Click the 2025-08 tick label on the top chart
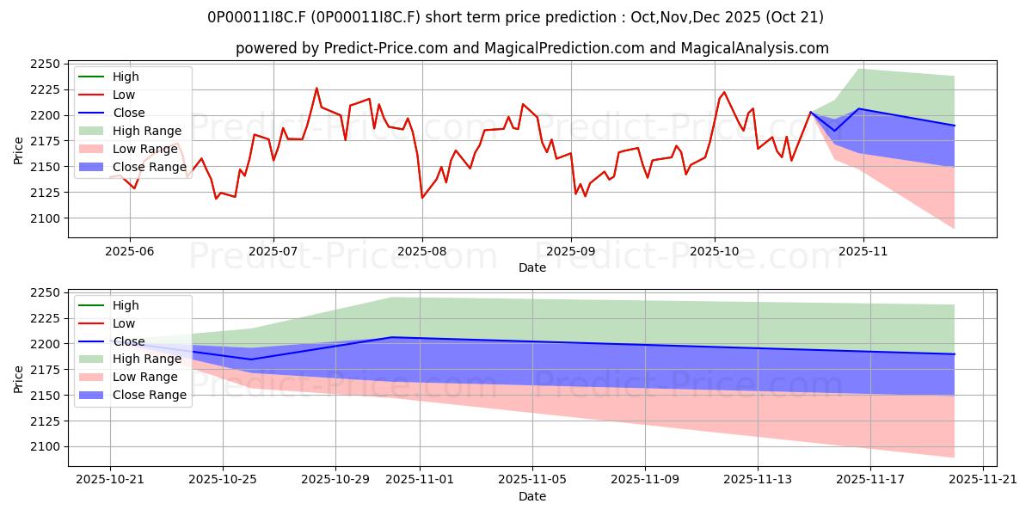(422, 251)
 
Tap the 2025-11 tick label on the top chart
(863, 251)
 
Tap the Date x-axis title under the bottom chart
(532, 496)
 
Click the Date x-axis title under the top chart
(532, 267)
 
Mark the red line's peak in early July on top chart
(316, 88)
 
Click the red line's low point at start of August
(422, 198)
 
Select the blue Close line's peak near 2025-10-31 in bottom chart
(392, 337)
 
